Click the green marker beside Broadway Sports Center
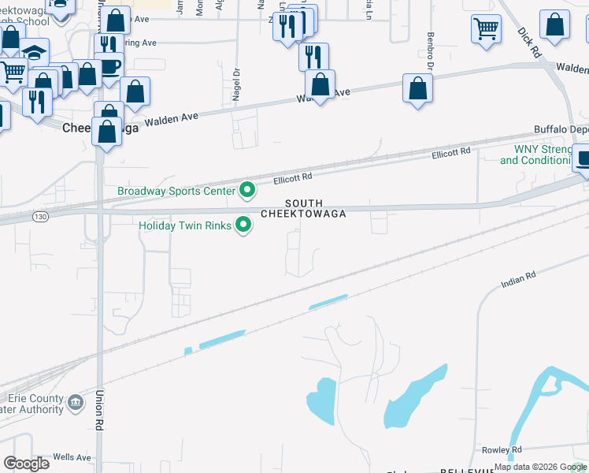(x=247, y=190)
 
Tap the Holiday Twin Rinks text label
(x=185, y=225)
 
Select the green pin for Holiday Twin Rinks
(x=244, y=225)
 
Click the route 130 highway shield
(x=41, y=215)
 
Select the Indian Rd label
(x=518, y=279)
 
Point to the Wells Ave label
(x=72, y=457)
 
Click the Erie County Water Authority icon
(x=75, y=403)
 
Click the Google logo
(x=26, y=463)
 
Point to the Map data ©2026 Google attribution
(x=540, y=467)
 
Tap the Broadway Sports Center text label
(x=176, y=191)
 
